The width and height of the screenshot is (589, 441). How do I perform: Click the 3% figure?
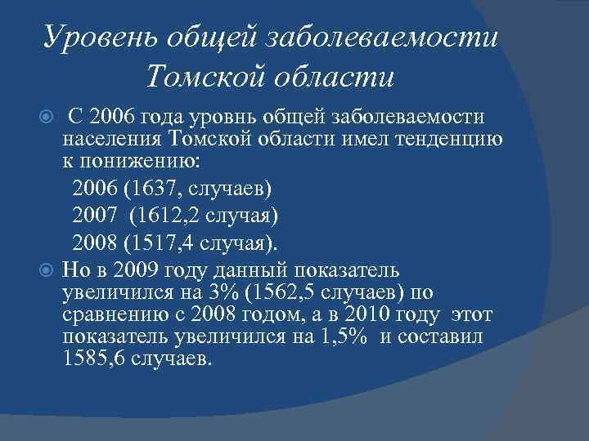pos(240,292)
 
